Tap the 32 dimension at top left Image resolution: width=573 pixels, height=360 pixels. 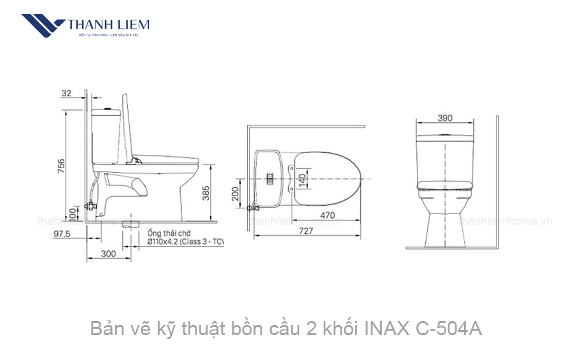(x=66, y=94)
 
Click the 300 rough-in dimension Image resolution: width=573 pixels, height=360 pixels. (x=108, y=254)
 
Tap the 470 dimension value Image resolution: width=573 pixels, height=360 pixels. (x=327, y=215)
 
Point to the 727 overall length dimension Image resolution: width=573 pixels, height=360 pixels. (x=306, y=231)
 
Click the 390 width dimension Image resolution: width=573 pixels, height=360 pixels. (x=445, y=119)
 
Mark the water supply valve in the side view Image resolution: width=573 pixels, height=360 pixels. (x=91, y=206)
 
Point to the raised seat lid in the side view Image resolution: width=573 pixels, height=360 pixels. (x=128, y=127)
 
